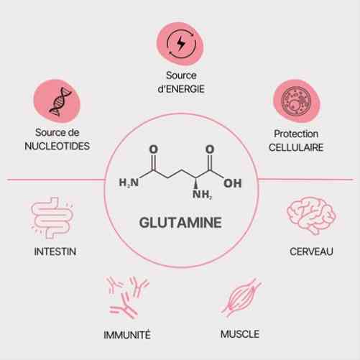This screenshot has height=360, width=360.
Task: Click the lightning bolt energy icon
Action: point(181,44)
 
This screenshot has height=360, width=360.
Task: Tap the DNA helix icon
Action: point(60,101)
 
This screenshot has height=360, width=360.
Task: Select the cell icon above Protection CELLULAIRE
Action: point(296,101)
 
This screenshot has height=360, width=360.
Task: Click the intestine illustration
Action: point(52,218)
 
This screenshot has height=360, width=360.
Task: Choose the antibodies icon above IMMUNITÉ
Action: point(127,297)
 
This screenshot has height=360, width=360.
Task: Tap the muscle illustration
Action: point(241,297)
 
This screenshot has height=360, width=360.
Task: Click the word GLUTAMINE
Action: point(180,223)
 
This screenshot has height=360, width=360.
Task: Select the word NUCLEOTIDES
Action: point(57,146)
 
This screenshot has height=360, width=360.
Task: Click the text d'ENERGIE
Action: point(181,89)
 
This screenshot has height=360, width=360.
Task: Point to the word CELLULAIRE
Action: point(296,147)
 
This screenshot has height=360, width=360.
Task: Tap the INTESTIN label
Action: point(55,251)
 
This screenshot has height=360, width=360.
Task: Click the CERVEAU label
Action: point(311,251)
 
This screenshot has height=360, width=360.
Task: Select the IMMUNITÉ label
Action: point(127,335)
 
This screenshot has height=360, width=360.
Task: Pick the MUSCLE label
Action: point(240,334)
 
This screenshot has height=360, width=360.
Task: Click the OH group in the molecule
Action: point(233,183)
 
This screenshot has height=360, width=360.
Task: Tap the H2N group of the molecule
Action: point(129,183)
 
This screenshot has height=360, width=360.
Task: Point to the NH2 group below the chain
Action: point(203,195)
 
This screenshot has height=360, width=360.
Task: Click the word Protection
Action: point(296,134)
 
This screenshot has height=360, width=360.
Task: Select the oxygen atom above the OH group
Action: point(210,149)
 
